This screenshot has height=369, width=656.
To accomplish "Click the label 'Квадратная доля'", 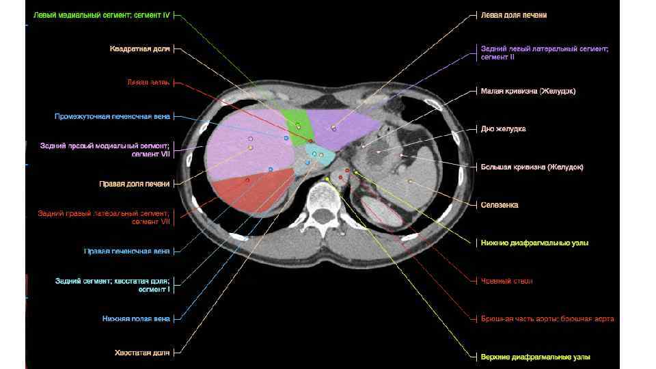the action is tap(139, 49).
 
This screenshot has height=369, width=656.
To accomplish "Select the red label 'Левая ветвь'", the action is tap(148, 82).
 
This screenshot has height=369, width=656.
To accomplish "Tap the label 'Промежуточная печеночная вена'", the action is tap(112, 116).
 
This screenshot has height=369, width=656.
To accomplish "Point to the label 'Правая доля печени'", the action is tap(134, 183).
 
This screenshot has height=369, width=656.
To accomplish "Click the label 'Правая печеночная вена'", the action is tap(126, 251).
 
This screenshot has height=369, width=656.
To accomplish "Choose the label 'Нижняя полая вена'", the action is tap(131, 318).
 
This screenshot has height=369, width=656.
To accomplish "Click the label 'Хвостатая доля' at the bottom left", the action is tap(142, 353).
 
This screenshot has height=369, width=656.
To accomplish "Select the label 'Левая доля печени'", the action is tap(514, 14).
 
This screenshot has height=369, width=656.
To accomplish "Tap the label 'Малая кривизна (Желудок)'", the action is tap(528, 91).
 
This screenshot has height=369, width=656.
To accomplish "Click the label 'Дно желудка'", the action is tap(503, 128).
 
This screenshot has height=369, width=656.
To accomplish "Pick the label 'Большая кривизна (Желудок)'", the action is tap(532, 167).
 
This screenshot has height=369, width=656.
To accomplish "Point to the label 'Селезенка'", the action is tap(499, 205).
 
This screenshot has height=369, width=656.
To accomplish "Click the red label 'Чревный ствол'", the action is tap(506, 281).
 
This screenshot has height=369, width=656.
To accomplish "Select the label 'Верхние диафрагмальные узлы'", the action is tap(535, 357).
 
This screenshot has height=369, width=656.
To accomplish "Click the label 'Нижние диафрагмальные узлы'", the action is tap(534, 243).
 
